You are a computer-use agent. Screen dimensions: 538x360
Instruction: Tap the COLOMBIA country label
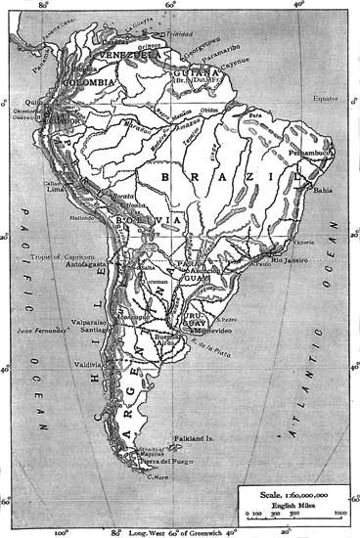89,83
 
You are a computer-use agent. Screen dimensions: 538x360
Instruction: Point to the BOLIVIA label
149,221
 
